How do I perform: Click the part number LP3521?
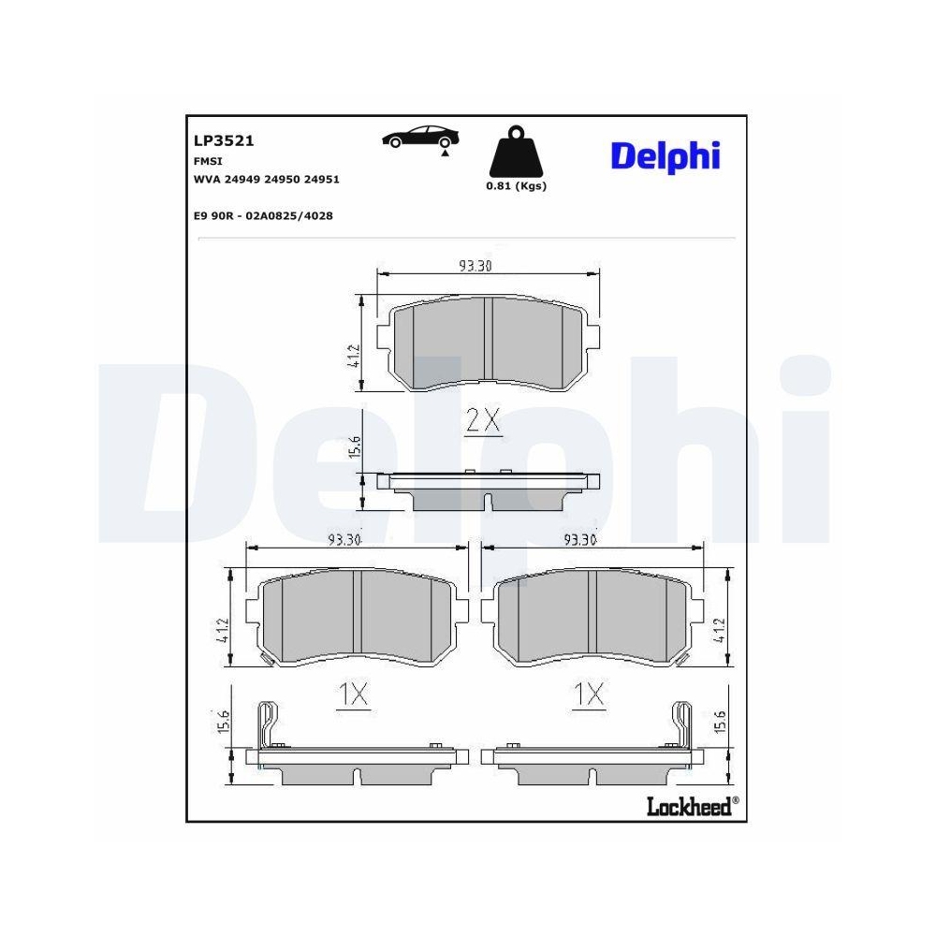tap(224, 140)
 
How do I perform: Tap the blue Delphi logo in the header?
tap(665, 155)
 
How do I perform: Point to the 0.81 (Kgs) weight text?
tap(516, 185)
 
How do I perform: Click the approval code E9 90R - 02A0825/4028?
tap(263, 215)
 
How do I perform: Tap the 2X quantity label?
tap(484, 422)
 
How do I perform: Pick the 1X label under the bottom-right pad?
tap(589, 694)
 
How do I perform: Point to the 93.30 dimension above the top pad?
tap(475, 266)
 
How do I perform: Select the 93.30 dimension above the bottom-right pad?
tap(580, 539)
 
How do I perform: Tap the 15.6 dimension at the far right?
tap(719, 726)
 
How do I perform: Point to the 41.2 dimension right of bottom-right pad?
tap(719, 631)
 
